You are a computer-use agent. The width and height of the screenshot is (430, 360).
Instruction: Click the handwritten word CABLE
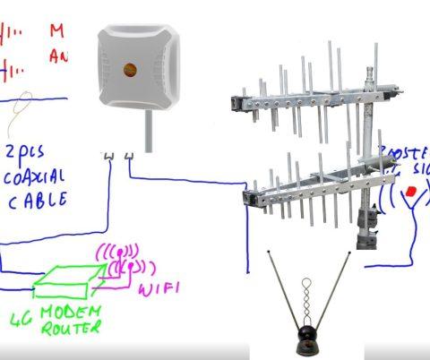click(39, 200)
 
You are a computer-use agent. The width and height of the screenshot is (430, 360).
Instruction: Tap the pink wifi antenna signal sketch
click(126, 260)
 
